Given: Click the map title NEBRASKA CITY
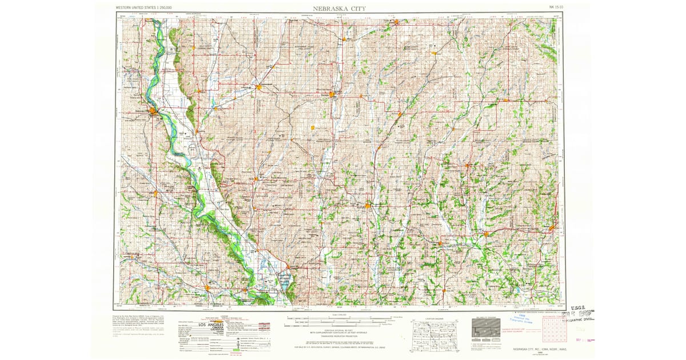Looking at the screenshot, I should coord(340,8).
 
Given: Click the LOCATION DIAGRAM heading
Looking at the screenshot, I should coord(435,315).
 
